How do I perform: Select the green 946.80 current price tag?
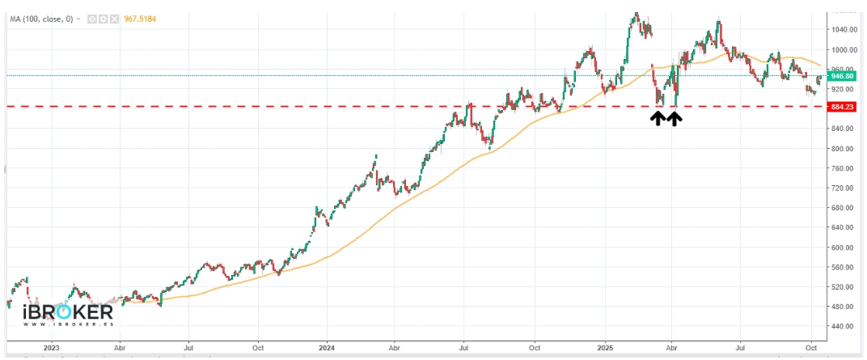(842, 76)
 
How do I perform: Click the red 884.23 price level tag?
(842, 106)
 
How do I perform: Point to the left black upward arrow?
(658, 119)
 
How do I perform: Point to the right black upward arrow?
(674, 119)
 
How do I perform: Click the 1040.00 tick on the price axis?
(843, 30)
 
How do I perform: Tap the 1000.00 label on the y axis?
(843, 50)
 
